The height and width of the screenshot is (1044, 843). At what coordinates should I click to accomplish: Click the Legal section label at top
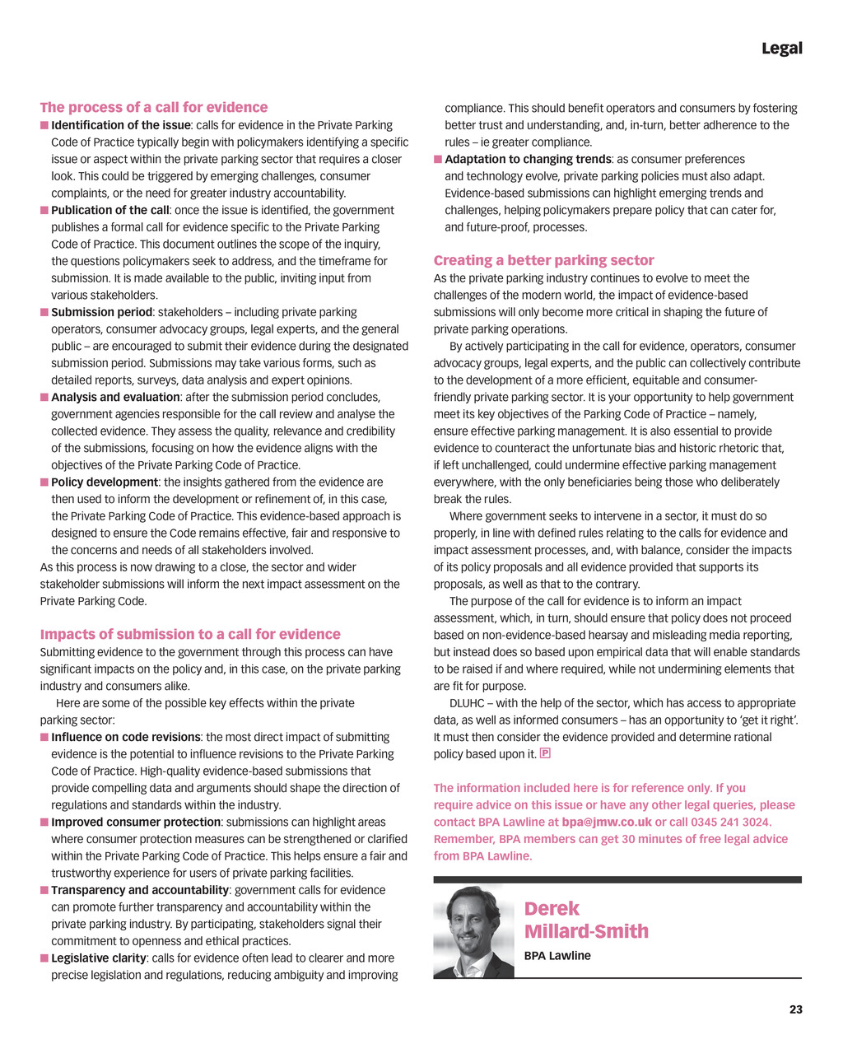[x=781, y=48]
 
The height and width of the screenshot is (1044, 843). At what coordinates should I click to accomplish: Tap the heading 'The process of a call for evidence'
[x=154, y=107]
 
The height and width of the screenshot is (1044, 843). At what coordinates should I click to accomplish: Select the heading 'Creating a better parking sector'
[x=543, y=260]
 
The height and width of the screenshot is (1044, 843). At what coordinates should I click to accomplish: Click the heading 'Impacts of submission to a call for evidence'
[x=190, y=634]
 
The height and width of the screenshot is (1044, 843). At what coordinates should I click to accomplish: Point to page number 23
[x=795, y=1009]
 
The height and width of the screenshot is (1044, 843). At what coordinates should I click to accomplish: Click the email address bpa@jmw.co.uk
[x=607, y=822]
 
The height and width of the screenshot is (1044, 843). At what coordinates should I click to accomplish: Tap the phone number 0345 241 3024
[x=730, y=822]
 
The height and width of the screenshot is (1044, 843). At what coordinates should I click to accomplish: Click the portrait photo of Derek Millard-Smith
[x=474, y=931]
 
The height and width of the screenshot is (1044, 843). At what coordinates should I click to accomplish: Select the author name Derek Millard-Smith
[x=586, y=920]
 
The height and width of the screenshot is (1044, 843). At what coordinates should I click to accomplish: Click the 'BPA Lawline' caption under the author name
[x=557, y=956]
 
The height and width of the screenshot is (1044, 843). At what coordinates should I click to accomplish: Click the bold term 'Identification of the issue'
[x=121, y=125]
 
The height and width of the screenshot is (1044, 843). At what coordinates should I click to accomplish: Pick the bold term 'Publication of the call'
[x=110, y=210]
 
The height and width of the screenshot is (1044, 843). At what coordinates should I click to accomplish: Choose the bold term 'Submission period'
[x=101, y=312]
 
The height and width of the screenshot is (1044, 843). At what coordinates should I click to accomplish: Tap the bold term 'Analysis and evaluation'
[x=115, y=397]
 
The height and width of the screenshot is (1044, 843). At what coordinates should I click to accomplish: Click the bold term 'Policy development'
[x=105, y=482]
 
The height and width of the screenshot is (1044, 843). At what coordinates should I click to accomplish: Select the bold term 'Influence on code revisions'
[x=126, y=737]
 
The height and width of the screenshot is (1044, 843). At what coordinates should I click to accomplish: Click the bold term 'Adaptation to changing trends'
[x=528, y=159]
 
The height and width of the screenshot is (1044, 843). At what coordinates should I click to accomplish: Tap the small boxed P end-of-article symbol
[x=545, y=753]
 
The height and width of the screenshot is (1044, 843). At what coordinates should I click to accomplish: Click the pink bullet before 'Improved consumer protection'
[x=44, y=822]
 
